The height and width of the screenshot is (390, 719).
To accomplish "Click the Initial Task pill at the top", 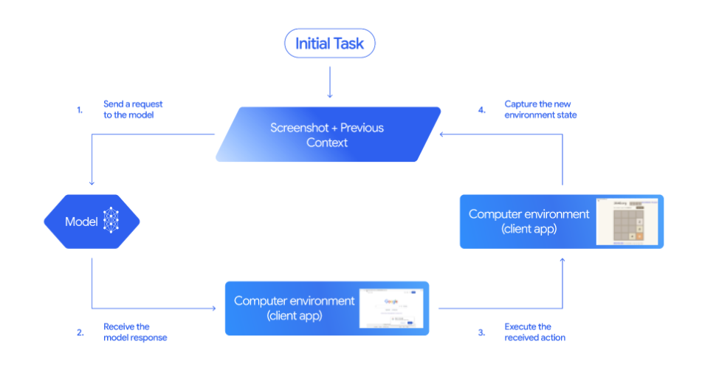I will [329, 44].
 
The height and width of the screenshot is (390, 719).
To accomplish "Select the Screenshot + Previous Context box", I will [328, 134].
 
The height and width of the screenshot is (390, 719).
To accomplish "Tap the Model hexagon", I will [92, 221].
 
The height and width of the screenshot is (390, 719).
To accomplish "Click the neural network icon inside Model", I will [111, 221].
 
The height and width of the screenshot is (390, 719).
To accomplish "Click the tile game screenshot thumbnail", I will [628, 221].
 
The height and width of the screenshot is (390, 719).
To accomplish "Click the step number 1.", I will [80, 110].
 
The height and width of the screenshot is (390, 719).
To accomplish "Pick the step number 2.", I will [80, 332].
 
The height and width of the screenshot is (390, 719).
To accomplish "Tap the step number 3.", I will [481, 332].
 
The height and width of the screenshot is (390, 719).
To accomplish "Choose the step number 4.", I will [481, 110].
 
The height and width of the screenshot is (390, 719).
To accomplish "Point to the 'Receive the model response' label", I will [135, 332].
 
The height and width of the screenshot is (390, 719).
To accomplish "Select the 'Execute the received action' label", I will [534, 332].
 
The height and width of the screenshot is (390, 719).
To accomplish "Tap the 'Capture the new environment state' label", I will [540, 110].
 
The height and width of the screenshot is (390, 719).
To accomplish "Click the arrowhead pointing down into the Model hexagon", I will [92, 184].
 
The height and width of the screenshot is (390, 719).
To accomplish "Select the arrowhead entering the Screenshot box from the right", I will [441, 134].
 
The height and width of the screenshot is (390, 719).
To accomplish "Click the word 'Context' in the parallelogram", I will [327, 143].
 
